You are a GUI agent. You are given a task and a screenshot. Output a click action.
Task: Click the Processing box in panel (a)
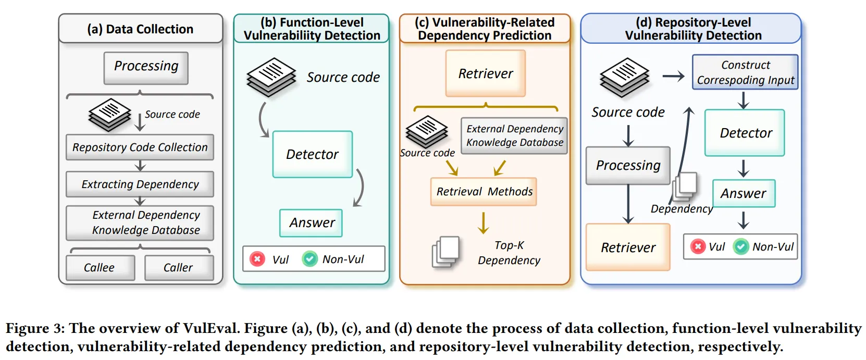[146, 67]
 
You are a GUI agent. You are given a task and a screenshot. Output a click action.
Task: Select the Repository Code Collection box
[140, 147]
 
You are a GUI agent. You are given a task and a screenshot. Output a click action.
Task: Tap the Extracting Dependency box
[140, 184]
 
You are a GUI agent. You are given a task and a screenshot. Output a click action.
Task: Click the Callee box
[100, 268]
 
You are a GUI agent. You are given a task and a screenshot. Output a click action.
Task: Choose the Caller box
[179, 268]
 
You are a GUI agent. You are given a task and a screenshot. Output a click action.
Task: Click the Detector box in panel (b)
[313, 154]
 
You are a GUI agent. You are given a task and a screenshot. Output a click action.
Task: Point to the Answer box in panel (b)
[311, 223]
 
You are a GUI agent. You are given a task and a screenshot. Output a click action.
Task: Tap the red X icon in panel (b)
[257, 259]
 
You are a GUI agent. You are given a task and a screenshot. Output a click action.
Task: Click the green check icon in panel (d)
[741, 246]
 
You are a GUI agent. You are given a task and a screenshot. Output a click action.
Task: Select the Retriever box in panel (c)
[486, 73]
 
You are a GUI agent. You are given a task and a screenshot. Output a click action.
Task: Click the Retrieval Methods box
[484, 192]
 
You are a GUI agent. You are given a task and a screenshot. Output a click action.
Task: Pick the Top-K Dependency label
[509, 253]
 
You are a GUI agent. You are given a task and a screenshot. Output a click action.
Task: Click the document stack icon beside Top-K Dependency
[446, 252]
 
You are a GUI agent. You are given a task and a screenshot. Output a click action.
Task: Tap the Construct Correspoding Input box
[745, 72]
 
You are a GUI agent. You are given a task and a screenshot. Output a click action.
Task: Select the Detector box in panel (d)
[745, 133]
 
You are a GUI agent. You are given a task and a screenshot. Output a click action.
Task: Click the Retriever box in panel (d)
[628, 247]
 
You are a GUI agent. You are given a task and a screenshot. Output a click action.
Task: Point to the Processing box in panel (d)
[628, 166]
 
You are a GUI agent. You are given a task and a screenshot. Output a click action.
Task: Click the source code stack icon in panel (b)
[271, 77]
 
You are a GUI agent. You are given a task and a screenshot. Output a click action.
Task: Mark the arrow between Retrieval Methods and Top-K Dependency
[484, 222]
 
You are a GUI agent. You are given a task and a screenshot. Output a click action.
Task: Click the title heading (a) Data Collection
[140, 29]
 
